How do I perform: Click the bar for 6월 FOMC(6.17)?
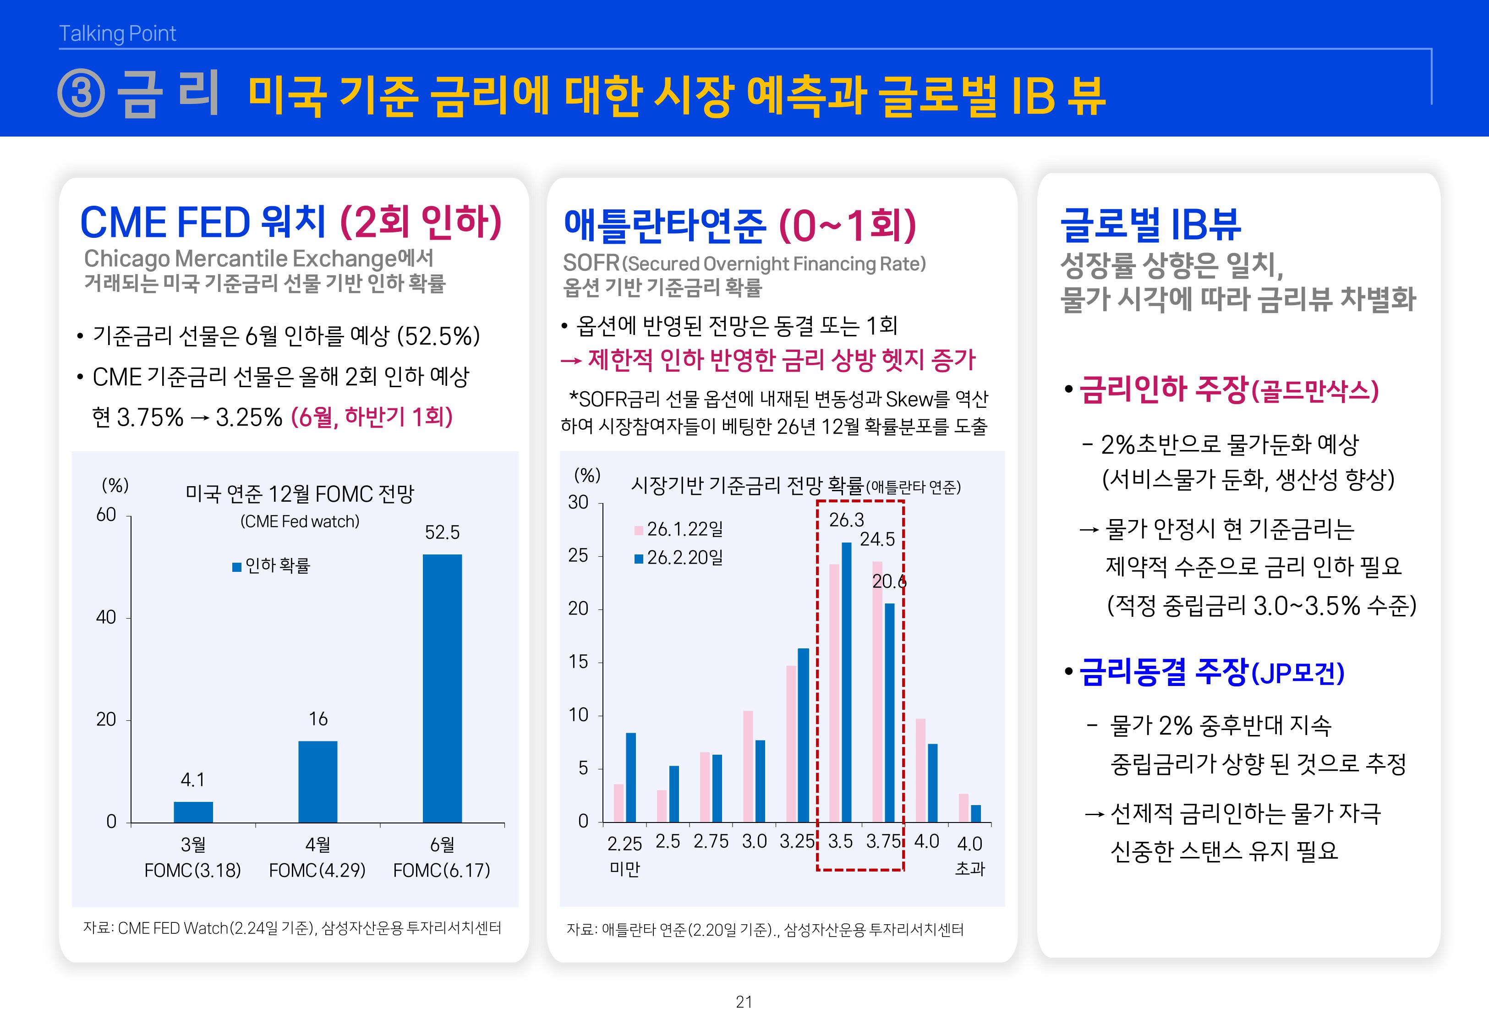442,688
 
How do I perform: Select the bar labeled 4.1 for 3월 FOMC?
193,812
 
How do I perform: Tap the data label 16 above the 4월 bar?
318,718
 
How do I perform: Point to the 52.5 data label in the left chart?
442,532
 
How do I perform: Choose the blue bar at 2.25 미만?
631,777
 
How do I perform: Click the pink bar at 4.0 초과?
963,807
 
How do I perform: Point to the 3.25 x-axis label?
797,841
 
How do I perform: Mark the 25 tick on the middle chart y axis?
579,555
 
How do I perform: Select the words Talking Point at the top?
118,33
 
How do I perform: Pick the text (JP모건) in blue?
1298,674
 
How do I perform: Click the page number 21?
744,1002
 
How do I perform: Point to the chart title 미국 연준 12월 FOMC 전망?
300,494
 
